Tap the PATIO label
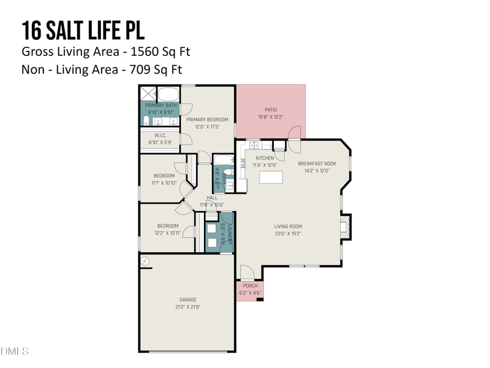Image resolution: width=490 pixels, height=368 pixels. tap(270, 110)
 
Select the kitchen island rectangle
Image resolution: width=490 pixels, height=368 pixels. tap(271, 177)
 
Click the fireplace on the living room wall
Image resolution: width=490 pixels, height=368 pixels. tap(346, 226)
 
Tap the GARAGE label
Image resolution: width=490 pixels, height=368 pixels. tap(187, 300)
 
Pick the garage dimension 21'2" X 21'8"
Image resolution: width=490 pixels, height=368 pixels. tap(187, 307)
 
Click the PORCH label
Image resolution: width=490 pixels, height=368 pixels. tap(250, 286)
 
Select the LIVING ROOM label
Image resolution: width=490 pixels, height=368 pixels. tap(288, 226)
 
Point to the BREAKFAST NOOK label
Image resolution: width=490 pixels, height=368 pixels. tap(317, 164)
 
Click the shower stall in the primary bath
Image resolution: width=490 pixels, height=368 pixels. tap(148, 94)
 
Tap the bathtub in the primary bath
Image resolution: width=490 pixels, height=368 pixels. tap(169, 94)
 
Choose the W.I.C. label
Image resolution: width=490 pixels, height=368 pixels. tap(160, 135)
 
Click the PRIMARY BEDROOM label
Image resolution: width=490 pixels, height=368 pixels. tap(207, 120)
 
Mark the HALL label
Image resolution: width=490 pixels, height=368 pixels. tap(212, 197)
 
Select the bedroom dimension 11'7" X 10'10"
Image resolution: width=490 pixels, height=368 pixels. tap(164, 183)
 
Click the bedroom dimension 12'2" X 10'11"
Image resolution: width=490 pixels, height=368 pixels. tap(167, 233)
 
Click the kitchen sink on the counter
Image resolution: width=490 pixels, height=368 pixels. tap(254, 145)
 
